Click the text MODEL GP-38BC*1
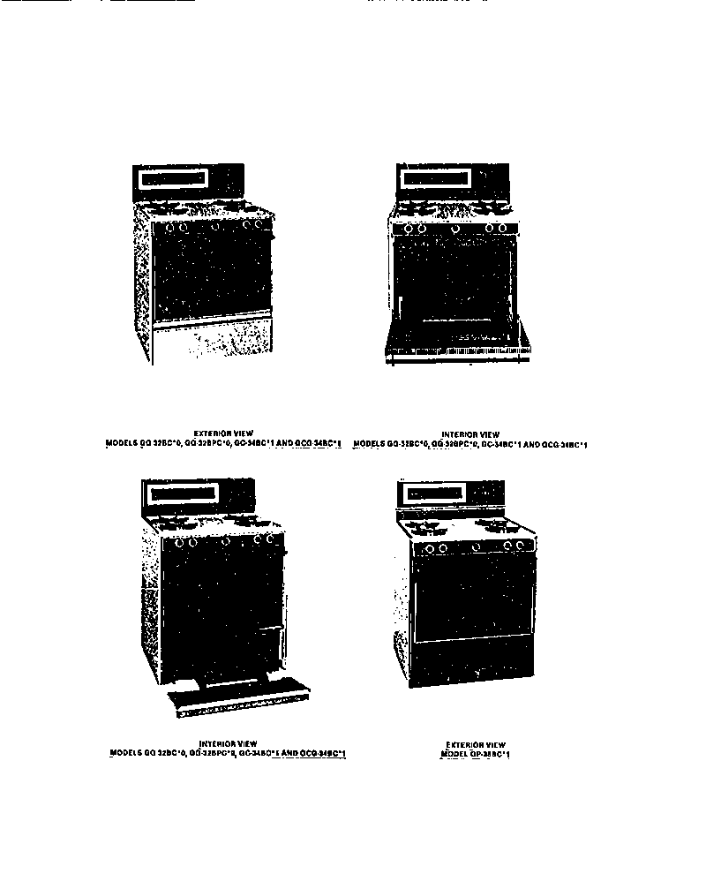pyautogui.click(x=476, y=755)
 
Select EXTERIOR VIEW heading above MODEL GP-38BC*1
pyautogui.click(x=476, y=744)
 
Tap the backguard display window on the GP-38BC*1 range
pyautogui.click(x=432, y=494)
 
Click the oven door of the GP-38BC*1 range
pyautogui.click(x=474, y=596)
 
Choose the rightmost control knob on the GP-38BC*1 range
pyautogui.click(x=520, y=546)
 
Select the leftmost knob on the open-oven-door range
pyautogui.click(x=408, y=229)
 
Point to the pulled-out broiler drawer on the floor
pyautogui.click(x=238, y=693)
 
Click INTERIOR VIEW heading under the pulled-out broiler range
pyautogui.click(x=228, y=742)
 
